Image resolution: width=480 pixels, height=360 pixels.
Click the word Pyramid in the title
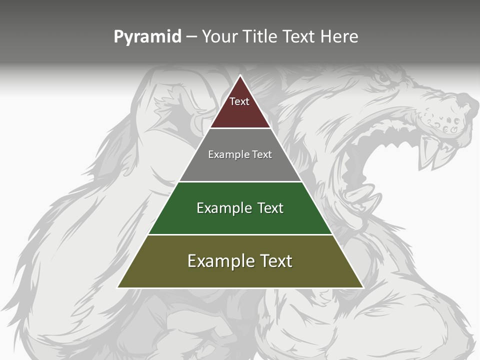pos(147,37)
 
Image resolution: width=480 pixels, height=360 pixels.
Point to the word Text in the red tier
pos(239,101)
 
